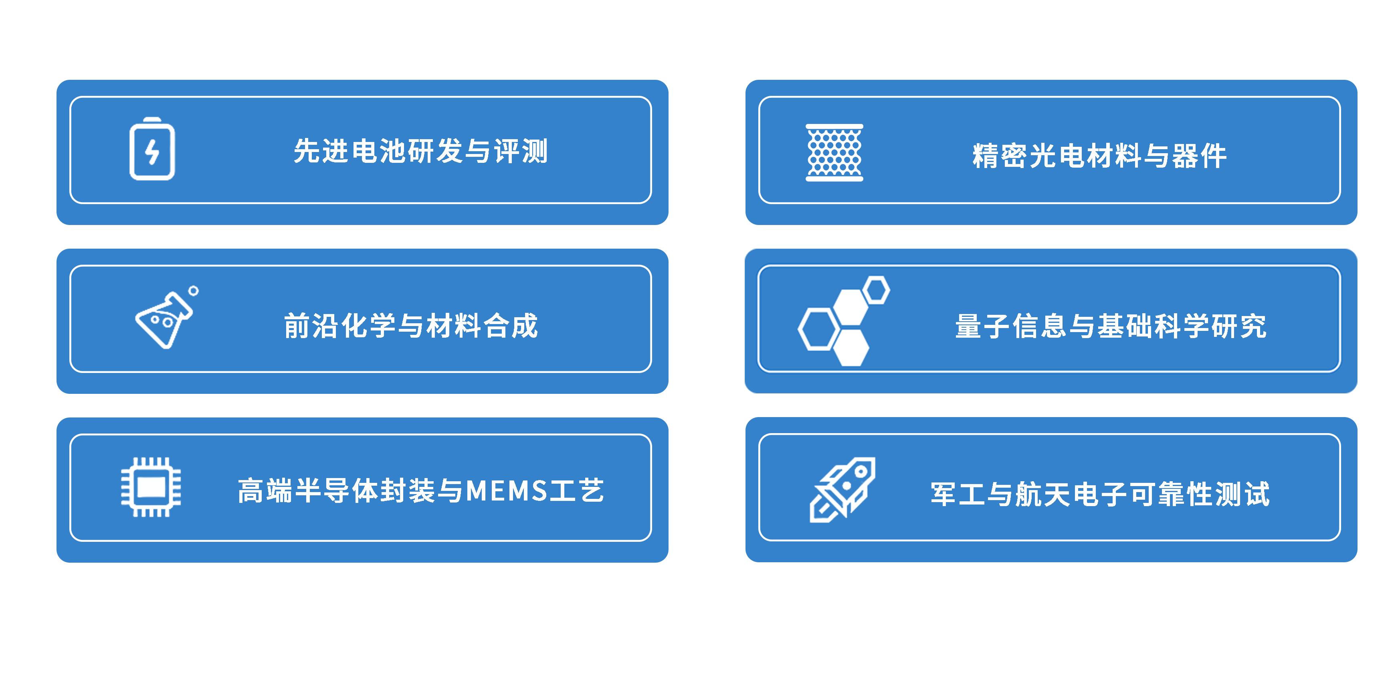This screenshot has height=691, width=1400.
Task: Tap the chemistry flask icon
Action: pyautogui.click(x=163, y=321)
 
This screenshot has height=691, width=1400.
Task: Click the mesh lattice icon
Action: pyautogui.click(x=834, y=153)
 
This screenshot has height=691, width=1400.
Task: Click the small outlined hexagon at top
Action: pyautogui.click(x=876, y=290)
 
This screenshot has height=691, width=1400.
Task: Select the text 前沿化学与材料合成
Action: pyautogui.click(x=411, y=326)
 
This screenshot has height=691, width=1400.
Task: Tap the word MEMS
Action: pyautogui.click(x=507, y=491)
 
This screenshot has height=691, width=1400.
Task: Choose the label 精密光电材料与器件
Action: pyautogui.click(x=1099, y=156)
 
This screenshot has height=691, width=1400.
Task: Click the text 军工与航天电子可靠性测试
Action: pyautogui.click(x=1100, y=494)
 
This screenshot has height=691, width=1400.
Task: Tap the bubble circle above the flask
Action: pyautogui.click(x=194, y=291)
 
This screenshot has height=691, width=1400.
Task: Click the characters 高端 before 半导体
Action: pyautogui.click(x=265, y=491)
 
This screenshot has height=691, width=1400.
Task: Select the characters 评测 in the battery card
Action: pyautogui.click(x=521, y=151)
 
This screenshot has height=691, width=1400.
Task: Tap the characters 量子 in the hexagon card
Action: pyautogui.click(x=983, y=326)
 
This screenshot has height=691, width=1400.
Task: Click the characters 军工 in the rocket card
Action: pyautogui.click(x=958, y=494)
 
